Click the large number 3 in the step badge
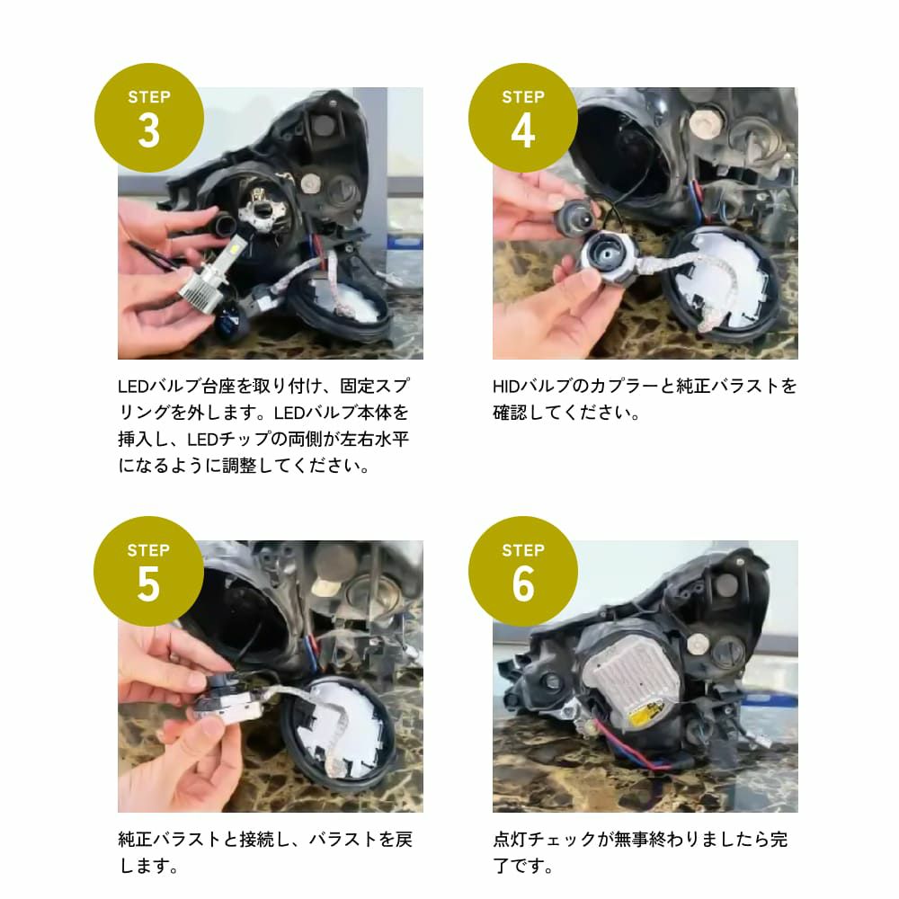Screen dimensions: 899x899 148,131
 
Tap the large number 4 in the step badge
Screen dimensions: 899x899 522,131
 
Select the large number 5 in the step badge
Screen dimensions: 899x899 148,584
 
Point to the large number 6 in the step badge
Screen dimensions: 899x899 522,584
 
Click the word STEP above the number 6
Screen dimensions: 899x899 522,550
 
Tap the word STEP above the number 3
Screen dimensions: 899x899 148,97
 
